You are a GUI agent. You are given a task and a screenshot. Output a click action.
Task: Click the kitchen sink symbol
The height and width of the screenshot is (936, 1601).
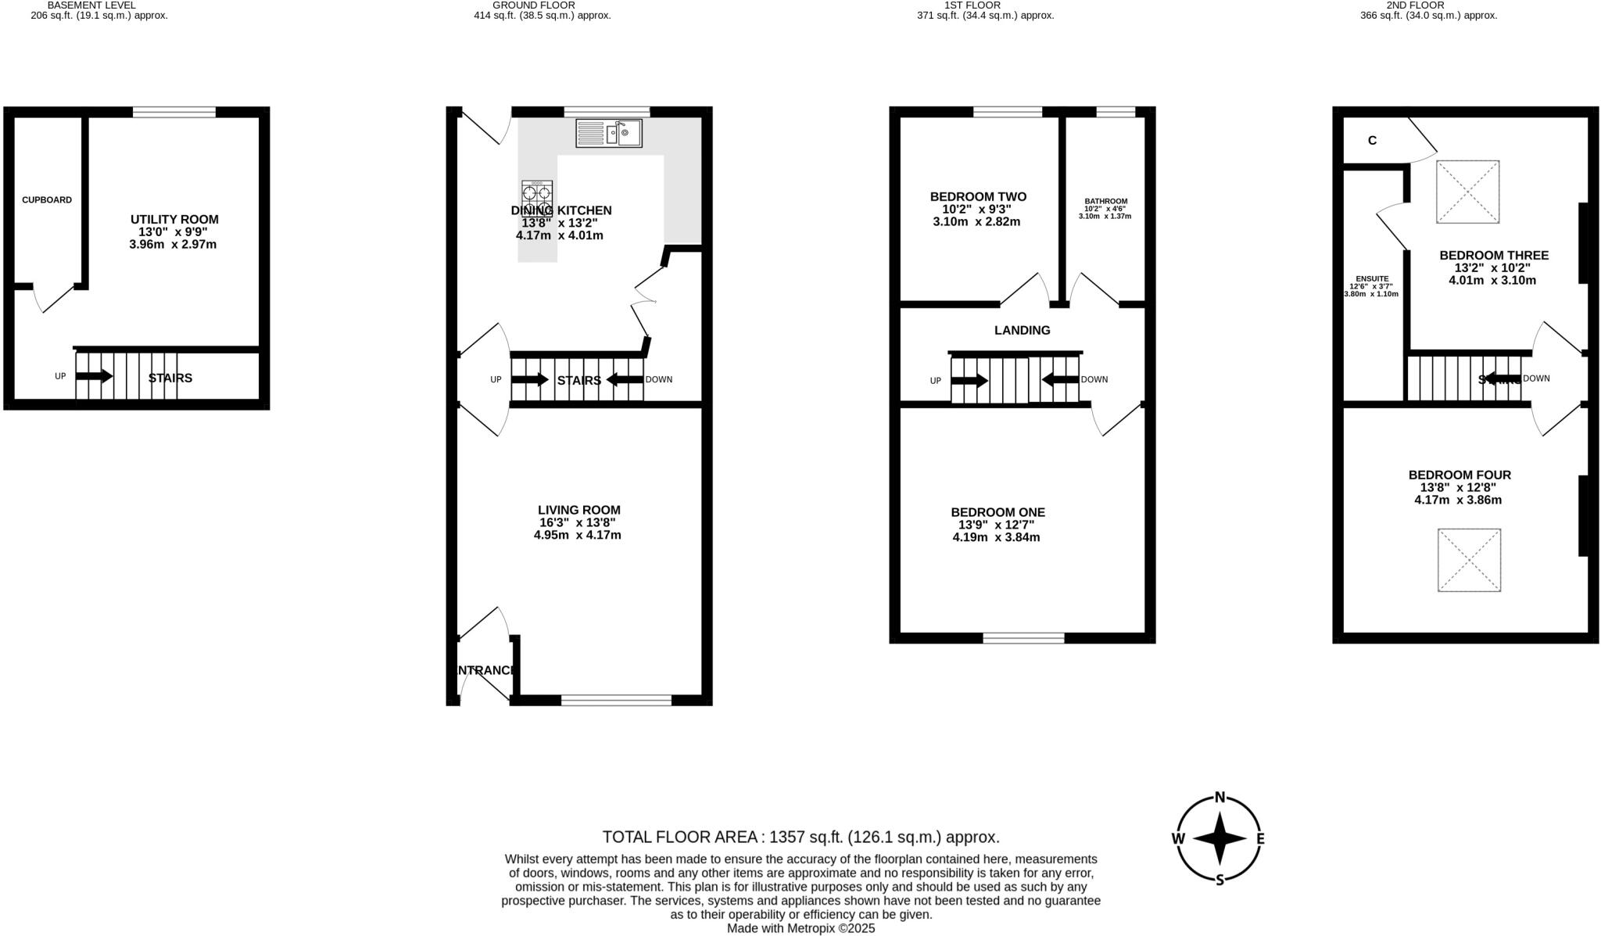point(608,134)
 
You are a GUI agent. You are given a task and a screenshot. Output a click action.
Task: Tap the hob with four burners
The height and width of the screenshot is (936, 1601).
point(537,197)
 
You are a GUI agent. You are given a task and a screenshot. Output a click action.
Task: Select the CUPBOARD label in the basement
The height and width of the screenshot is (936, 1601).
point(47,200)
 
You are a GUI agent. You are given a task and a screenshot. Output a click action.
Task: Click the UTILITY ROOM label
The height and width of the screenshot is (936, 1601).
point(174,220)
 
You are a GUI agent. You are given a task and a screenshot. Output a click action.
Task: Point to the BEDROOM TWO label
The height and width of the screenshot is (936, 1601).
point(978,197)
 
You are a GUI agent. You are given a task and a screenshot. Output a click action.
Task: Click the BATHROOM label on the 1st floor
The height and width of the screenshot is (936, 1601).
point(1105,202)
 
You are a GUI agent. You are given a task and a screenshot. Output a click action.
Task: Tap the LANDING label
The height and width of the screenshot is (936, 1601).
point(1022,331)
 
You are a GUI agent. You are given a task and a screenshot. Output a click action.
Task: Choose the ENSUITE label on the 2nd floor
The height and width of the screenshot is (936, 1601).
point(1372,278)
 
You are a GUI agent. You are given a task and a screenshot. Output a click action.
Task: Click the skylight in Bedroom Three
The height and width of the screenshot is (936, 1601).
point(1468,192)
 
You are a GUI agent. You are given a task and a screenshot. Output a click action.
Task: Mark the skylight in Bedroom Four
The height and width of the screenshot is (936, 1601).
point(1469,560)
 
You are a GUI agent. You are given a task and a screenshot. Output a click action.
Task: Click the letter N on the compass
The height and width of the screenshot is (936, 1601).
point(1220,798)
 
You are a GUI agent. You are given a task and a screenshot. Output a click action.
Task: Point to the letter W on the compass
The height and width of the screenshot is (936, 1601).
point(1178,839)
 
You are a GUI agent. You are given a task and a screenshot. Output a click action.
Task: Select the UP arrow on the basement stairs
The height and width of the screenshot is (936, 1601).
point(94,376)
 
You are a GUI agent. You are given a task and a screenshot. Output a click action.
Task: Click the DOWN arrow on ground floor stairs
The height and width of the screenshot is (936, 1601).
point(625,380)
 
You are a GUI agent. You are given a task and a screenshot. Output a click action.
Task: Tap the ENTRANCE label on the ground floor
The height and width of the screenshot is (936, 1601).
point(485,670)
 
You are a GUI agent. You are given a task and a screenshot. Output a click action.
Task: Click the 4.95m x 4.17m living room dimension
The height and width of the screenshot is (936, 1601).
point(577,536)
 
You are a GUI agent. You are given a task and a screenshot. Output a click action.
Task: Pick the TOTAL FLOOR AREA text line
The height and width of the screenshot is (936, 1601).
point(801,837)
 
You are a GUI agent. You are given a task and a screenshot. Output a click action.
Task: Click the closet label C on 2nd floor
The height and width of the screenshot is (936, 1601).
point(1372,141)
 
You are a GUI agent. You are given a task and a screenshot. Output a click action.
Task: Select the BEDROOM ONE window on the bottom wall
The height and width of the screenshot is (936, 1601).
point(1023,638)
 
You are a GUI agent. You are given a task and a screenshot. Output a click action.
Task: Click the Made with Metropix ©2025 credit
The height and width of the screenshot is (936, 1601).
point(801,929)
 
